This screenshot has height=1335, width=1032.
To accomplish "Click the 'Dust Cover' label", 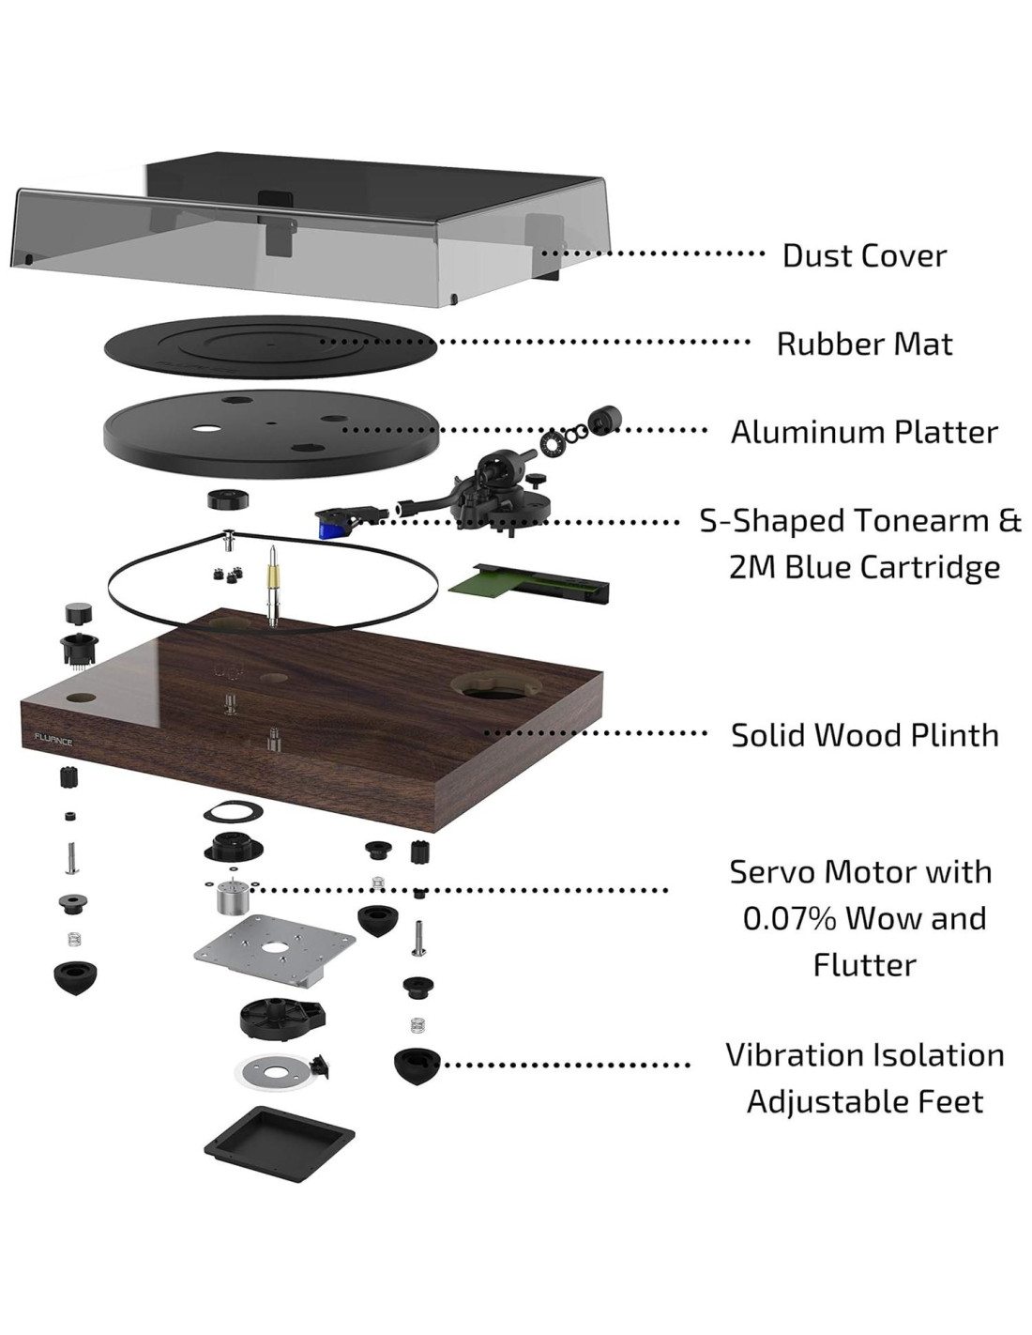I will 864,255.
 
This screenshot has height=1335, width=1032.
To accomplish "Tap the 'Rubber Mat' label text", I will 864,344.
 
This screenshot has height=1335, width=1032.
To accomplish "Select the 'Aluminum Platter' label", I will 864,432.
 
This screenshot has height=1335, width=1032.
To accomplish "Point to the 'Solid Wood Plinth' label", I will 864,734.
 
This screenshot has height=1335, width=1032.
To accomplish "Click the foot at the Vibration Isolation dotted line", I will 417,1066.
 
